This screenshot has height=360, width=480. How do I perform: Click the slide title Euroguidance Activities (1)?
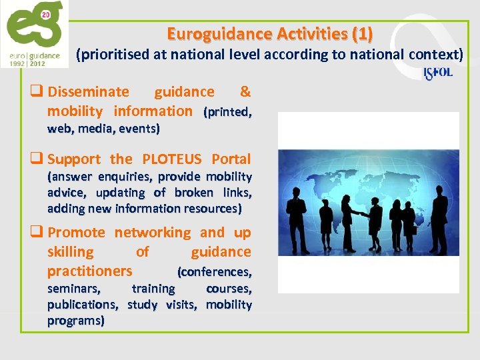pos(270,33)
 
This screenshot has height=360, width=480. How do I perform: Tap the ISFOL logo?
pos(438,73)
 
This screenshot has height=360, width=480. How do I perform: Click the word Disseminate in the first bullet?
pos(89,92)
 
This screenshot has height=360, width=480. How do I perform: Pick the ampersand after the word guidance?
pos(245,92)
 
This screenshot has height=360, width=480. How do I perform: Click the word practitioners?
pos(90,271)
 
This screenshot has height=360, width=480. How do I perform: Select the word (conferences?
pos(214,272)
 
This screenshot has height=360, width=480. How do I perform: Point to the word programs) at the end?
pos(76,321)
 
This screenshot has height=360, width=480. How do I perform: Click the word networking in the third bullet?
pos(152,233)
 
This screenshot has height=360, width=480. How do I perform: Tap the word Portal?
pos(231,159)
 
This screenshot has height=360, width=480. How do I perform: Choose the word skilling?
pos(71,252)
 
